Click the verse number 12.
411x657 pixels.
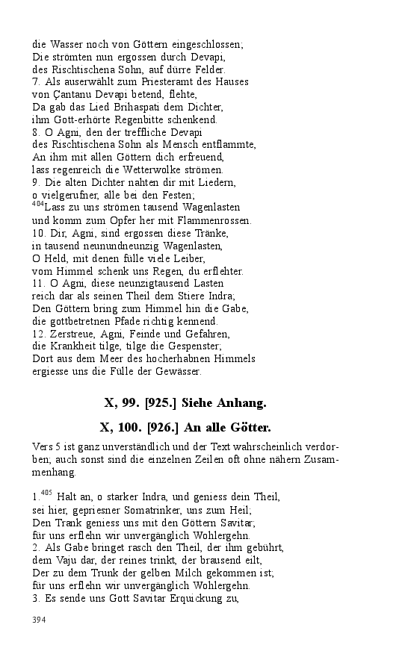coord(38,334)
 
